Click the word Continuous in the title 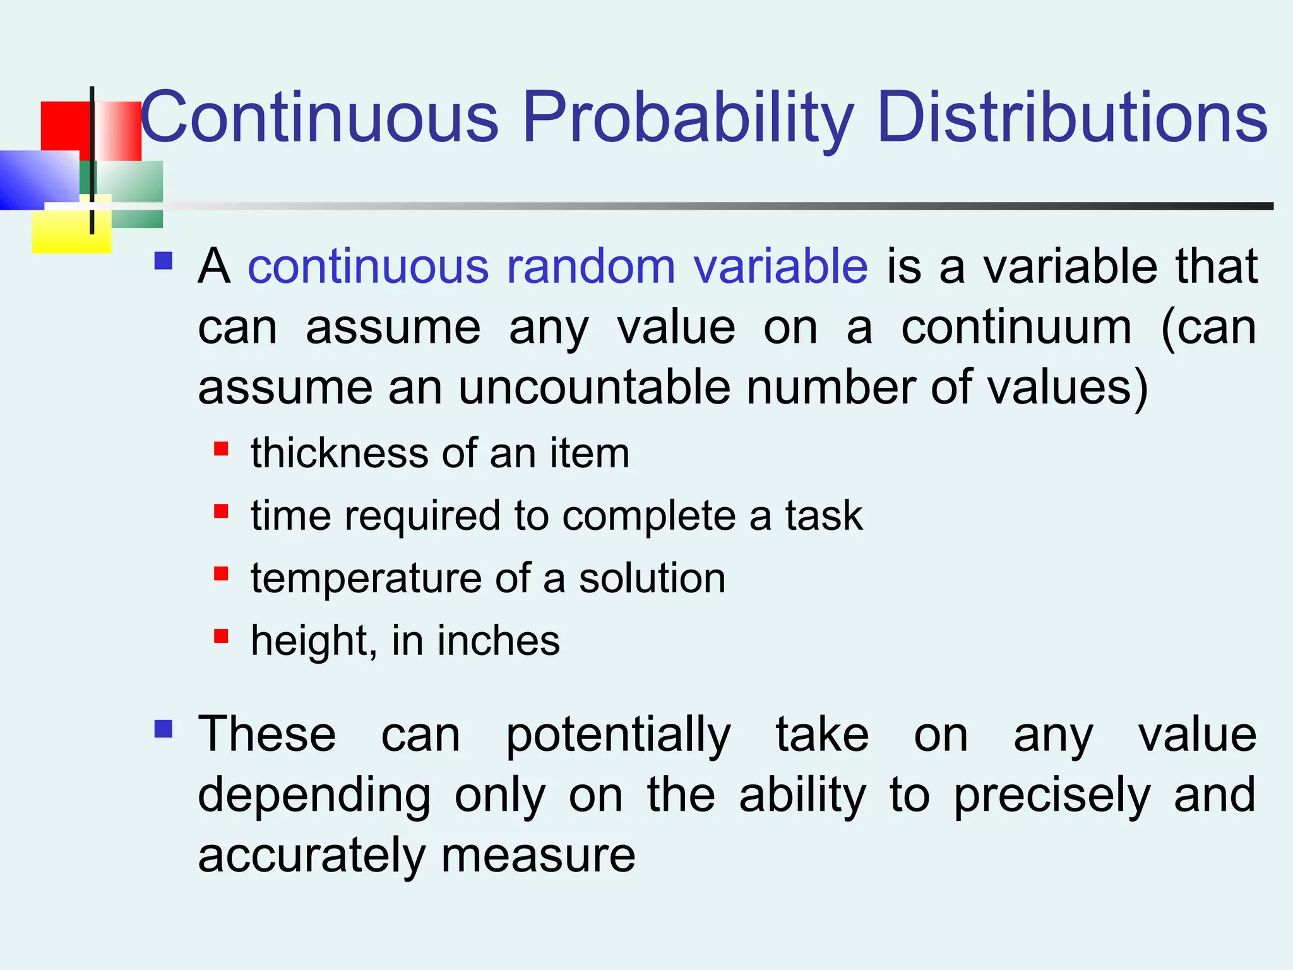click(x=319, y=117)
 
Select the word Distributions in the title click(x=1071, y=117)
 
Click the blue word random click(x=591, y=266)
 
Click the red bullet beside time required click(x=221, y=511)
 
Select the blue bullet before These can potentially click(x=164, y=729)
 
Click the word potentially click(x=618, y=735)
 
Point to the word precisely click(x=1052, y=796)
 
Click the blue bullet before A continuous click(x=164, y=261)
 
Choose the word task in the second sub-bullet click(x=823, y=515)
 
